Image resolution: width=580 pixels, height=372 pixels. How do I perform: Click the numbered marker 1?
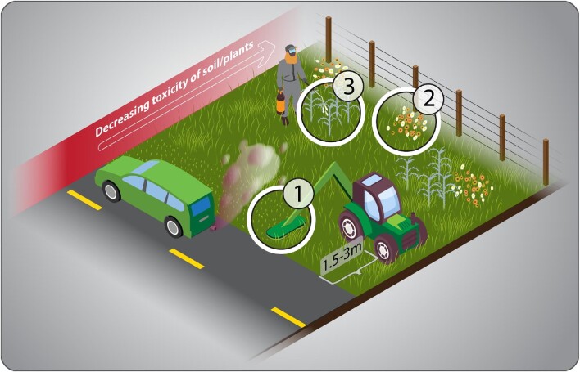[298, 194]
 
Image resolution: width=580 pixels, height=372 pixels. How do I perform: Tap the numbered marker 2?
[428, 100]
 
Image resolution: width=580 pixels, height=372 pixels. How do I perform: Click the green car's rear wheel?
[173, 226]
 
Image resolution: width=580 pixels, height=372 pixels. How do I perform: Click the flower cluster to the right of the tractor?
[474, 187]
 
